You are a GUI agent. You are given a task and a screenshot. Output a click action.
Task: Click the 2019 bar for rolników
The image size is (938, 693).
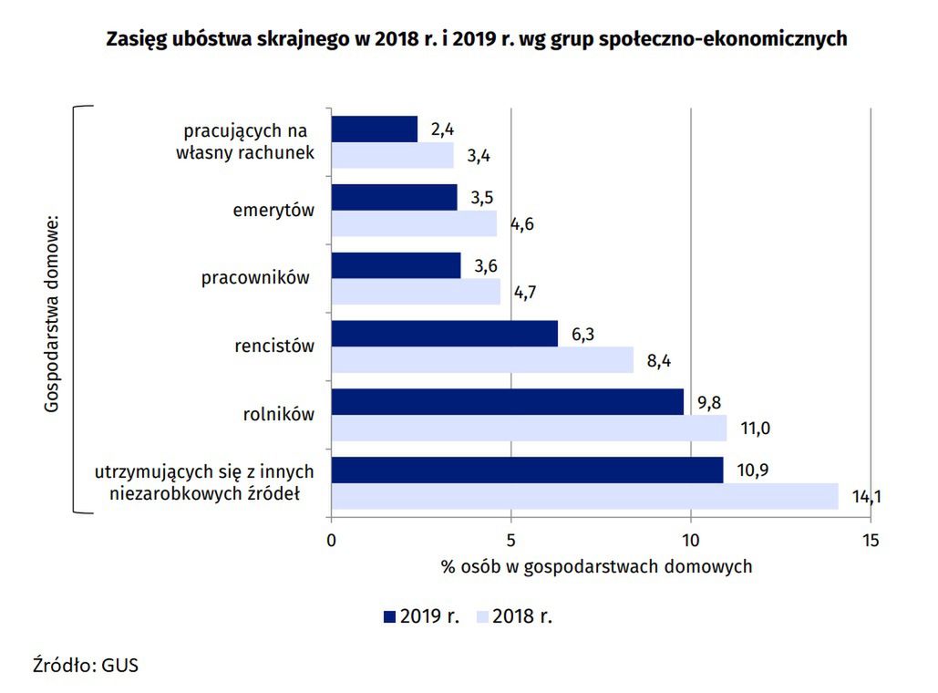pos(507,402)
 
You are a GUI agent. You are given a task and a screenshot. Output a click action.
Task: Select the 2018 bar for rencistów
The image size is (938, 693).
pos(482,360)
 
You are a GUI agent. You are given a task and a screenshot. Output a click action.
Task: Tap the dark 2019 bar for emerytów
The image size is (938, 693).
pos(394,198)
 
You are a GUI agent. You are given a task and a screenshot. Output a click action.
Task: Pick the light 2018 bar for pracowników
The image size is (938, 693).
pos(416,292)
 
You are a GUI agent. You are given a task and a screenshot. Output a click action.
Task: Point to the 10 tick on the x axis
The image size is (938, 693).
pos(691,540)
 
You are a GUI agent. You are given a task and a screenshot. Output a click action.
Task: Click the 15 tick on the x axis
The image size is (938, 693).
pos(871,540)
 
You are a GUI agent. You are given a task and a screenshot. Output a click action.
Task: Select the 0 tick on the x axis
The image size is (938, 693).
pos(331,540)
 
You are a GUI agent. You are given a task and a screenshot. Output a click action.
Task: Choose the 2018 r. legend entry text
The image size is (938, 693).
pos(522,616)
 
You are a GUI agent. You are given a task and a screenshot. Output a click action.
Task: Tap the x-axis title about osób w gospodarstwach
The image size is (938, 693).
pos(597,566)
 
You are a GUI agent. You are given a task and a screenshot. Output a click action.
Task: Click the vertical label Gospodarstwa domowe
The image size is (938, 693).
pos(51,314)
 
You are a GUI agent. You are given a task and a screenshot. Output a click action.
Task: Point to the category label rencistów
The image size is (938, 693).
pos(274,346)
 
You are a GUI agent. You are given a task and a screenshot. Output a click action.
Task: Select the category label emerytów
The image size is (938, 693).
pos(273,211)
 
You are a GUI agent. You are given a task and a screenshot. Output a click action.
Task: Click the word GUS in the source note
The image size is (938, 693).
pos(119,665)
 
